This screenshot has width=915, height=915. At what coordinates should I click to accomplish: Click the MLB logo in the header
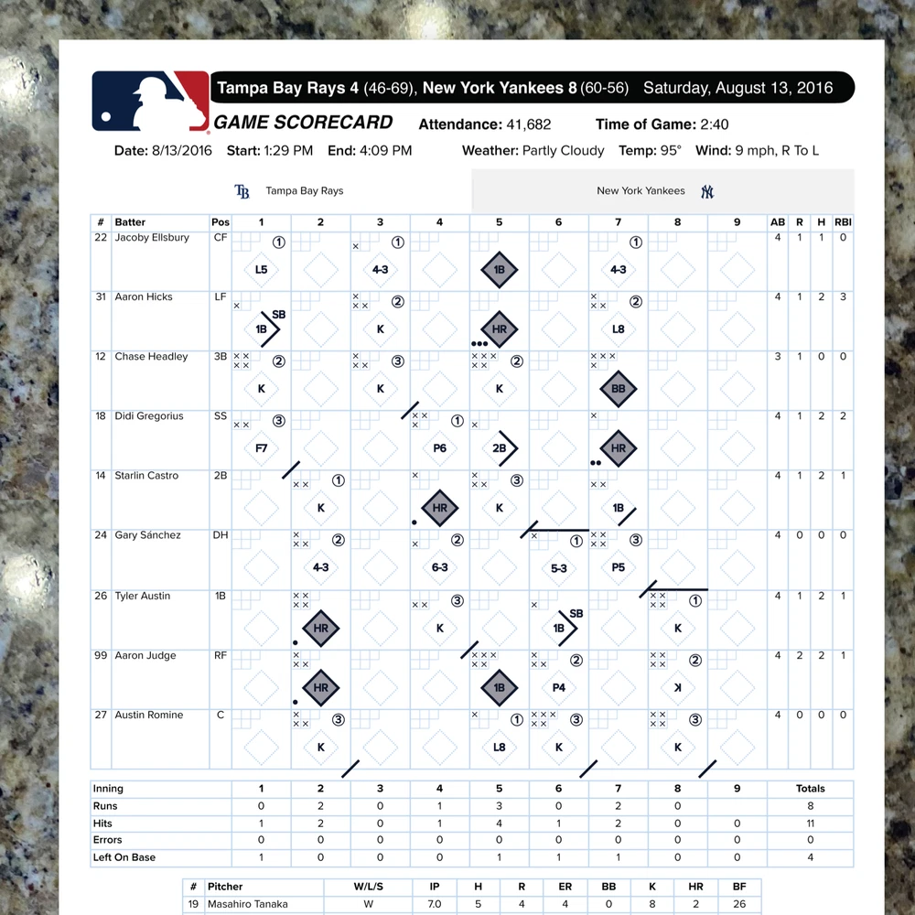tap(150, 101)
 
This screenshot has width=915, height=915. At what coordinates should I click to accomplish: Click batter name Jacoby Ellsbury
tap(152, 238)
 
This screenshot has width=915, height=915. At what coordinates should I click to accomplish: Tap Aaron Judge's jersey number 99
tap(101, 655)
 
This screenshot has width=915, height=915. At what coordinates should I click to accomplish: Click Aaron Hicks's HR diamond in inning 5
tap(500, 329)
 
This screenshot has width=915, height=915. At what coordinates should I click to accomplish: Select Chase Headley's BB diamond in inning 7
tap(619, 389)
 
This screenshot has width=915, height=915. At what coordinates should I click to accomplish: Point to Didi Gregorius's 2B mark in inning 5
tap(500, 448)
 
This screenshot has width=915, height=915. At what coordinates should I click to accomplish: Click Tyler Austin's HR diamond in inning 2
tap(321, 629)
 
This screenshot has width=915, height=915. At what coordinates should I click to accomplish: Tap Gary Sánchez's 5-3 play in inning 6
tap(559, 567)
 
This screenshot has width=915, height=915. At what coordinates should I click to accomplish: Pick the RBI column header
tap(843, 222)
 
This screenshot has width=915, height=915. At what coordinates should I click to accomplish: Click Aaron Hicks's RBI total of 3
tap(843, 296)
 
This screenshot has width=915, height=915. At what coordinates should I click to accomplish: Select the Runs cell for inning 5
tap(500, 806)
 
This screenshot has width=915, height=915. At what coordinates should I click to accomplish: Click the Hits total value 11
tap(810, 823)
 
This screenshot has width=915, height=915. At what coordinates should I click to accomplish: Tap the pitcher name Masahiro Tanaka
tap(248, 904)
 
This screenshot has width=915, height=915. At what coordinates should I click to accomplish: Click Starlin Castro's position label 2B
tap(220, 476)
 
